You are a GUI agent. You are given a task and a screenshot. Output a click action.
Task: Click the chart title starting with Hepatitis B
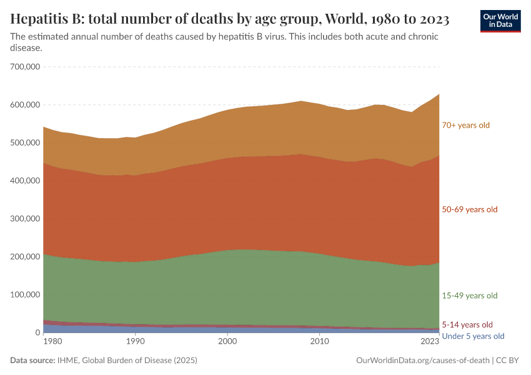click(230, 19)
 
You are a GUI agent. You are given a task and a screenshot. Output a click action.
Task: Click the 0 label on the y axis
click(37, 333)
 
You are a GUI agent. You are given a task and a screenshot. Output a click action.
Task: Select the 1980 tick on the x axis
click(52, 341)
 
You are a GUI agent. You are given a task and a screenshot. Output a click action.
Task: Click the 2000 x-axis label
click(227, 341)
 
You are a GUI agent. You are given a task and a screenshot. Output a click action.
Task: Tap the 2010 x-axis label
click(319, 341)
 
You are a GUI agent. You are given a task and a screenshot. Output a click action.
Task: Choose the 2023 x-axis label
click(430, 341)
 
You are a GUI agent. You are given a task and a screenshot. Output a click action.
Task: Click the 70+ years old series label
click(465, 125)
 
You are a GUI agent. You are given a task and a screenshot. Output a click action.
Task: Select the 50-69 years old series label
click(469, 209)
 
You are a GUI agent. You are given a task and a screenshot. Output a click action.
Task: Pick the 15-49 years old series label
click(469, 296)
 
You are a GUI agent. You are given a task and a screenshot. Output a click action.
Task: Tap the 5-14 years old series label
click(467, 325)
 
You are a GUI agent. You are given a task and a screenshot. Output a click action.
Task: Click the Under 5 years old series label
click(472, 336)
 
